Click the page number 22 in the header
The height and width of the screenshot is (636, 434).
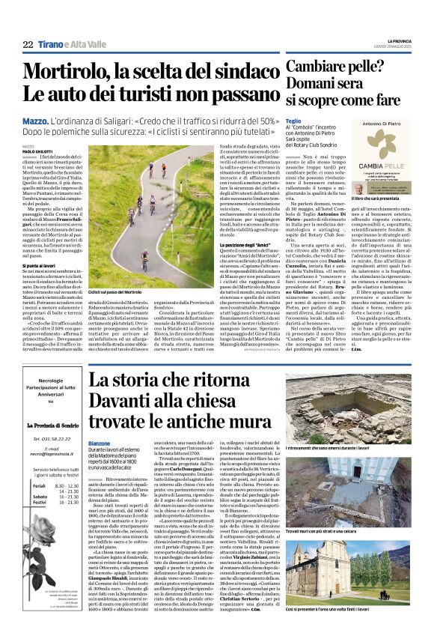[28, 45]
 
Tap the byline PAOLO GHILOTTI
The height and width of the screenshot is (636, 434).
[38, 152]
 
